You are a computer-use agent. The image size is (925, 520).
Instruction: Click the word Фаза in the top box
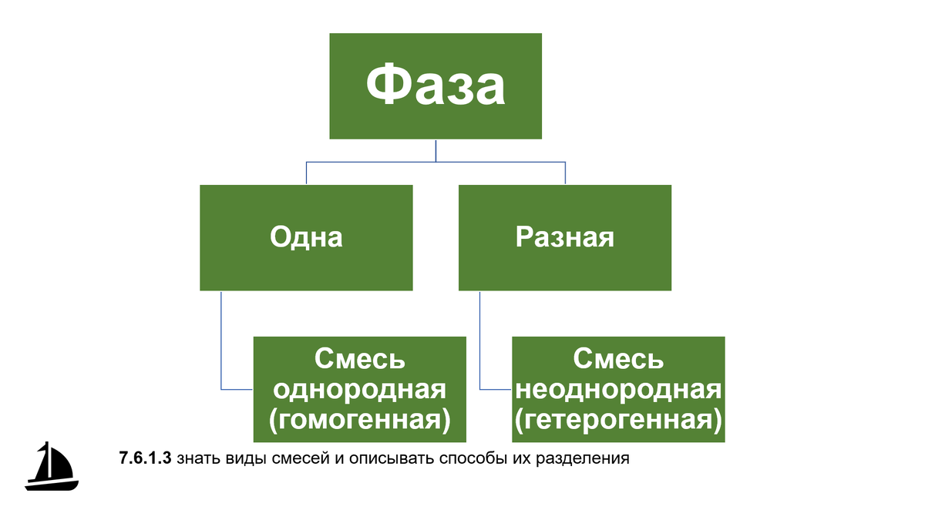pos(436,86)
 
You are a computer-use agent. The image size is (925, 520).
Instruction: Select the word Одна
pos(306,237)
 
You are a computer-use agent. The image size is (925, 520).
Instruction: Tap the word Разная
pos(565,237)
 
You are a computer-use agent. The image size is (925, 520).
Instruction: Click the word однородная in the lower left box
pos(360,389)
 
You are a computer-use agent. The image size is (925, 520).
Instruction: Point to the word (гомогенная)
pos(360,419)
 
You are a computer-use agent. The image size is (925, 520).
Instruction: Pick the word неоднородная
pos(618,389)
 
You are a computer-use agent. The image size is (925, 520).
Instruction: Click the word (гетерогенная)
pos(618,419)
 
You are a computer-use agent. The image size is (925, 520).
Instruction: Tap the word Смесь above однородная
pos(360,359)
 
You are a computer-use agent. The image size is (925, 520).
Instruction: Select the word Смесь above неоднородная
pos(618,359)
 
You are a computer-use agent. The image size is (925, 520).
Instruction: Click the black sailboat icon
pos(52,467)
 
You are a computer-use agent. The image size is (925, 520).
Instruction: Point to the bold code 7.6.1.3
pos(144,459)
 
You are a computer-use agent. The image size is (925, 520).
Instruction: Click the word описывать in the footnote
pos(385,459)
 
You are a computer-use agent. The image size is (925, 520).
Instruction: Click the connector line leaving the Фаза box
pos(436,151)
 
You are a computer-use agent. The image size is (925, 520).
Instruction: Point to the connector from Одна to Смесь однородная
pos(221,347)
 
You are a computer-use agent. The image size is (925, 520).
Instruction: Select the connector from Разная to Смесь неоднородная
pos(480,347)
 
